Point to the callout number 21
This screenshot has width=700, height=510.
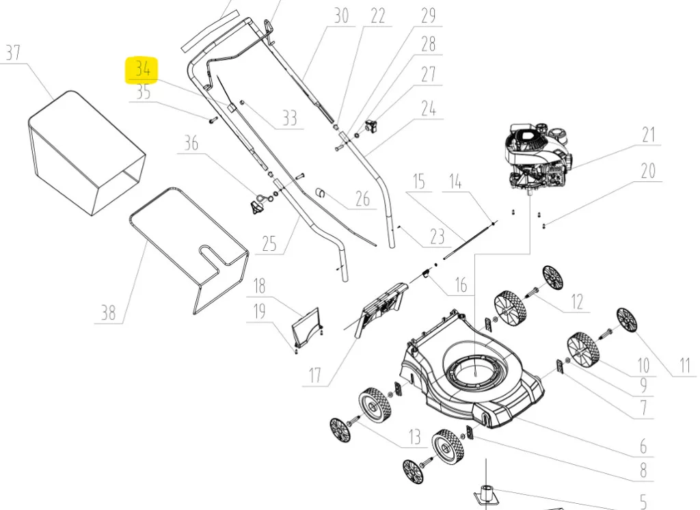click(647, 135)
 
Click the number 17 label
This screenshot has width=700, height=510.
click(314, 375)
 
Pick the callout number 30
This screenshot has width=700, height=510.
click(341, 16)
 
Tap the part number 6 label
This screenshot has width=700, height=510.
click(643, 446)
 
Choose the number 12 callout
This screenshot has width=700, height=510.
click(577, 301)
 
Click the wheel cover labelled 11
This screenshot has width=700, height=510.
click(626, 320)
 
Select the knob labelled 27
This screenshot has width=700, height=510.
click(372, 126)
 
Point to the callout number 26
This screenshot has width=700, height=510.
click(362, 199)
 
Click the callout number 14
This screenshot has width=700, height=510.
click(455, 182)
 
